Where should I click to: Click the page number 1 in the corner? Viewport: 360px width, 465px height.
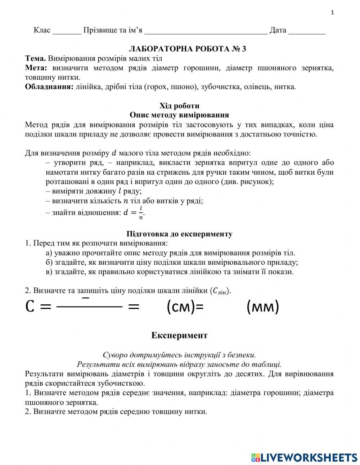pyautogui.click(x=332, y=13)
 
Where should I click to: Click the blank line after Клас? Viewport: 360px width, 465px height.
pyautogui.click(x=67, y=31)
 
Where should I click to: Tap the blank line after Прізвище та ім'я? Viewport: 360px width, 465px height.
pyautogui.click(x=206, y=31)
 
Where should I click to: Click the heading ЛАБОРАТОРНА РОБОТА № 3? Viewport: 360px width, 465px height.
pyautogui.click(x=187, y=49)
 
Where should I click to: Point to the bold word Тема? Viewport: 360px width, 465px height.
pyautogui.click(x=35, y=58)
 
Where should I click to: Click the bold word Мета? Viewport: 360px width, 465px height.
pyautogui.click(x=36, y=68)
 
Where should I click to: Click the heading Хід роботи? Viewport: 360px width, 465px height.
pyautogui.click(x=179, y=106)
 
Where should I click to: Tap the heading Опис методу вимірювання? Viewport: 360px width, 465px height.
pyautogui.click(x=179, y=115)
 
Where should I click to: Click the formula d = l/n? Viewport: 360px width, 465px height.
pyautogui.click(x=134, y=213)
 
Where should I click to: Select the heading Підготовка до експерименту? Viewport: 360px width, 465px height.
pyautogui.click(x=179, y=234)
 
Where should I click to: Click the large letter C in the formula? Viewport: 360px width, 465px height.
pyautogui.click(x=30, y=307)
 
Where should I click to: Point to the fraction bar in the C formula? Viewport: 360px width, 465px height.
pyautogui.click(x=90, y=307)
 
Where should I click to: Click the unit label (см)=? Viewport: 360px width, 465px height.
pyautogui.click(x=185, y=307)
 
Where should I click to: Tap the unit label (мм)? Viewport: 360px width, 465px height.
pyautogui.click(x=262, y=307)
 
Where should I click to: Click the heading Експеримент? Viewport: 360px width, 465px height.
pyautogui.click(x=179, y=336)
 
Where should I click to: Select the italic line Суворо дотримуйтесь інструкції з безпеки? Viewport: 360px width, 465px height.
pyautogui.click(x=179, y=355)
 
